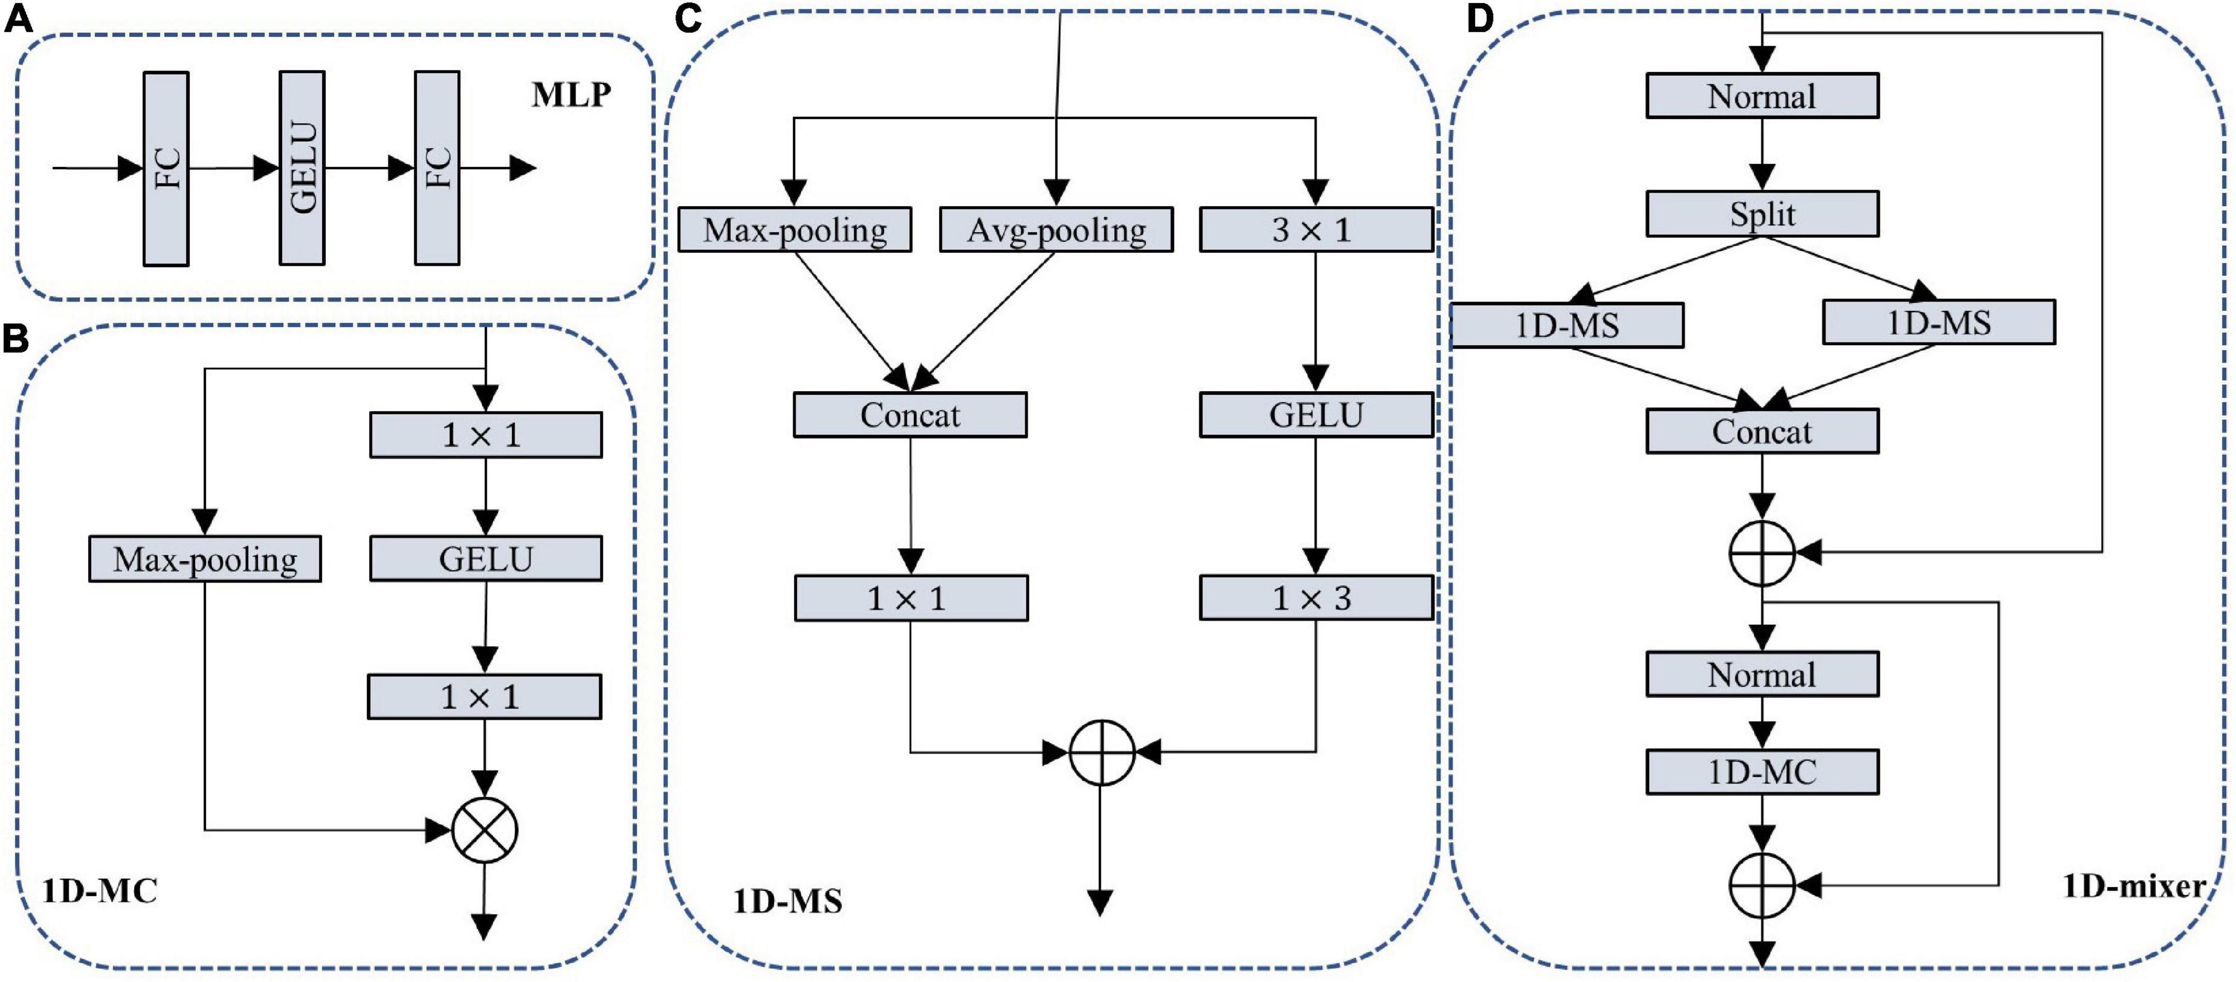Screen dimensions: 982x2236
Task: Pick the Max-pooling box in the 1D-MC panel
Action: pos(205,559)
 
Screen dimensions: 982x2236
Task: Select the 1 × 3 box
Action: pos(1315,597)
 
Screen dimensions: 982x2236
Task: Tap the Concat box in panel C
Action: pos(910,415)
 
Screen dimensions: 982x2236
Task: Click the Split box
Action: pos(1762,214)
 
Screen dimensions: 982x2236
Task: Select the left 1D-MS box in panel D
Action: pos(1567,325)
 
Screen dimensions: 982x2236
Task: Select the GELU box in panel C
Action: pos(1315,415)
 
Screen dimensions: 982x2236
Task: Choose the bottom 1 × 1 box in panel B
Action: pos(483,696)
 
